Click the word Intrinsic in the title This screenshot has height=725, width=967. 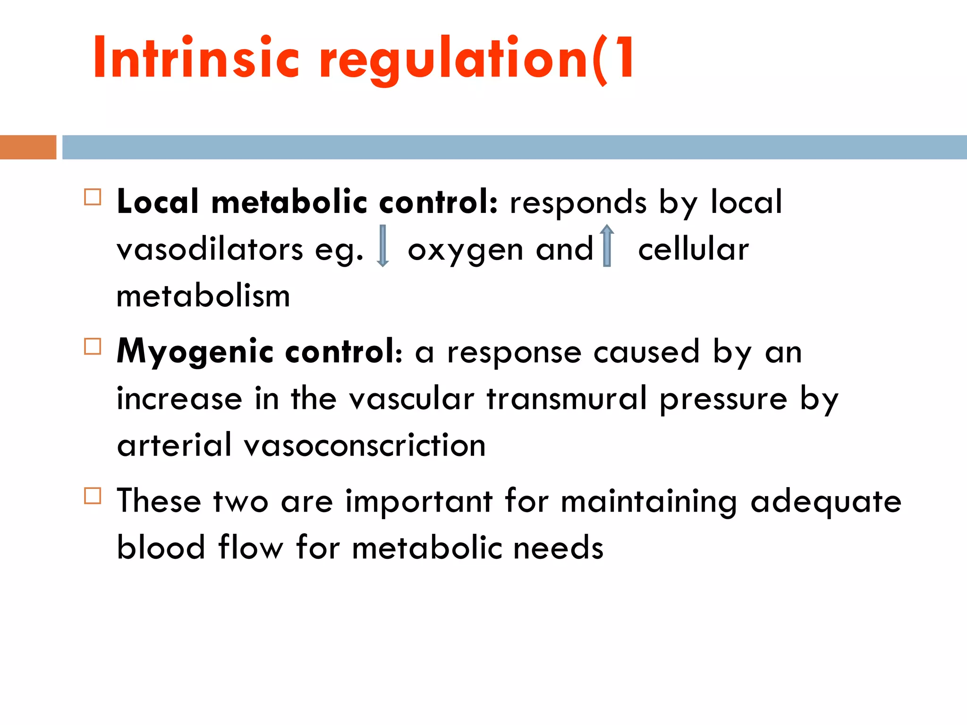tap(196, 58)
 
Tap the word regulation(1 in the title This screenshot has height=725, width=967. tap(477, 59)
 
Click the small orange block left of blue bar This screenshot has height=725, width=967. tap(28, 147)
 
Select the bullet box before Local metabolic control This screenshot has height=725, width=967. tap(93, 197)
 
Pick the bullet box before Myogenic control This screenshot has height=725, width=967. tap(93, 346)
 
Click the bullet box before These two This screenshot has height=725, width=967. tap(93, 496)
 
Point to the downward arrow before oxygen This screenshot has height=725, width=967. tap(383, 246)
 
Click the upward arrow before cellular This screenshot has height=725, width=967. tap(607, 246)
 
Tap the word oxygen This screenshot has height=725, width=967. tap(465, 250)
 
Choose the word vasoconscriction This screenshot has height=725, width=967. tap(365, 445)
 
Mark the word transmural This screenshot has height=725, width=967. tap(567, 398)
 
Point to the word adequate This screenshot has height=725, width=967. tap(826, 502)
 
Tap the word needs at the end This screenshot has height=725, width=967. tap(558, 548)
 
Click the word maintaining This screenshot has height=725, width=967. tap(649, 502)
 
